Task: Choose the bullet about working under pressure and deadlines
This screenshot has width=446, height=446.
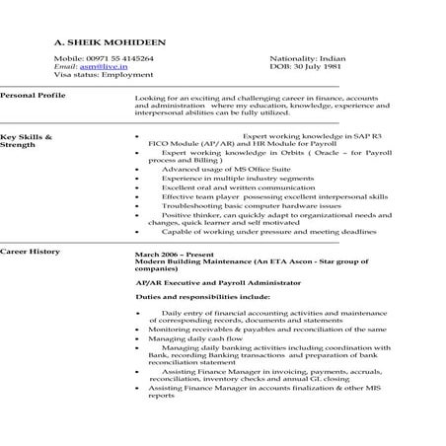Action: pos(257,231)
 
